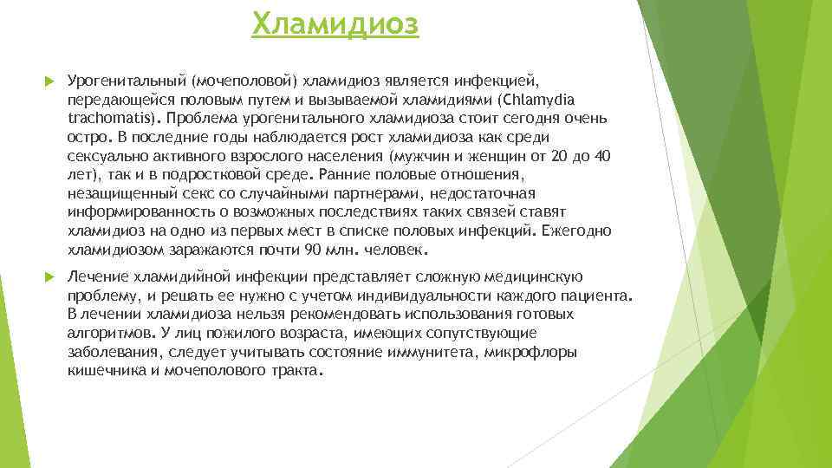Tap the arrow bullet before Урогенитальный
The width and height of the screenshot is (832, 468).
pos(49,81)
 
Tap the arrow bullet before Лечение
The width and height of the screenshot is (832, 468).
pos(49,277)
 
